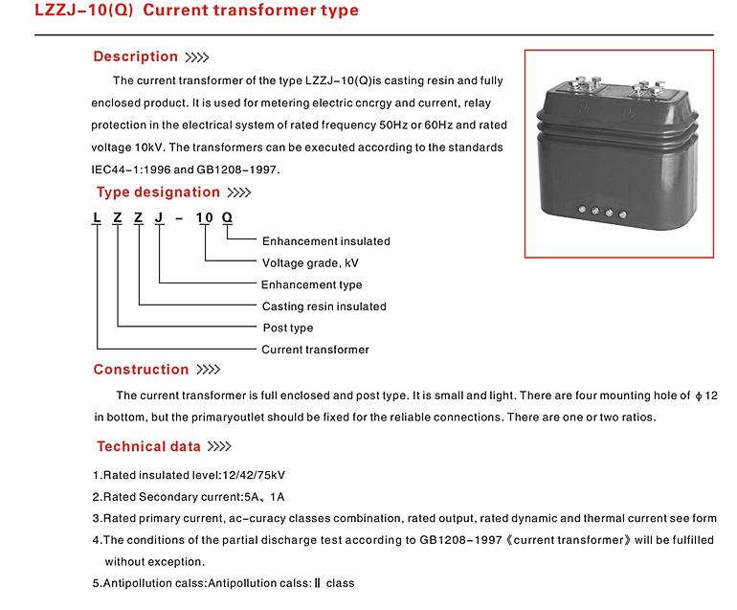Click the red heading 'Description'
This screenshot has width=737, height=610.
(x=135, y=56)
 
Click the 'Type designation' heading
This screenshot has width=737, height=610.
(x=158, y=192)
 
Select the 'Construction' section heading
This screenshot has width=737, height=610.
(x=141, y=370)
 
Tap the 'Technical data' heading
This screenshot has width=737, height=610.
(x=148, y=446)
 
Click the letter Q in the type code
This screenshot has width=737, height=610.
(x=227, y=217)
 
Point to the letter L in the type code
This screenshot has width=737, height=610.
(x=97, y=217)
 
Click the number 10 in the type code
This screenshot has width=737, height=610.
(x=205, y=217)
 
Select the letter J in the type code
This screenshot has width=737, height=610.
(x=159, y=217)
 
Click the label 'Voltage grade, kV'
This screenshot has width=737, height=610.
(x=310, y=263)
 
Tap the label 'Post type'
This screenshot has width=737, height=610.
(x=288, y=328)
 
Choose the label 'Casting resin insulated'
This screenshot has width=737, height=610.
(x=324, y=306)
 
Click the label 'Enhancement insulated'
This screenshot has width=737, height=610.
(x=325, y=241)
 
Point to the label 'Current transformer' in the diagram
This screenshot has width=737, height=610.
(x=315, y=350)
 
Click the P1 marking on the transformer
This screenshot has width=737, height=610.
(x=584, y=109)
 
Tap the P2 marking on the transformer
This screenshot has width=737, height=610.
(x=629, y=113)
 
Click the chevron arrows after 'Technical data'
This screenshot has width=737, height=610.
(x=219, y=446)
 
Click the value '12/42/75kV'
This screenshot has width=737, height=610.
(x=254, y=475)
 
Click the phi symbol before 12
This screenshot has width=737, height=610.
(x=699, y=396)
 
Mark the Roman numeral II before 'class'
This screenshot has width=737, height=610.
(x=317, y=583)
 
